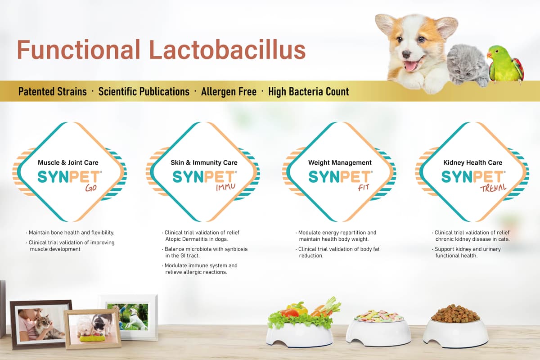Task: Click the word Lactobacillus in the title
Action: (x=227, y=49)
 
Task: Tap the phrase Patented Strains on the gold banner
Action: (x=53, y=92)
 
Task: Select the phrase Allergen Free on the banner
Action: (x=229, y=92)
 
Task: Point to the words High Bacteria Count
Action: (x=309, y=92)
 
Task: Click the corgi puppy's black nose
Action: (x=406, y=55)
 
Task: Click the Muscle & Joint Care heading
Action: (x=68, y=162)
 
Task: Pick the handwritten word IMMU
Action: (x=225, y=187)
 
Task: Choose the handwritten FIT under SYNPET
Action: (x=363, y=187)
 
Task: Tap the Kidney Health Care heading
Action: (x=473, y=162)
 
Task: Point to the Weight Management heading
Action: (x=340, y=162)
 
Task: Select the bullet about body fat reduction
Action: (x=337, y=252)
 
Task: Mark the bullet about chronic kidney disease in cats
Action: (x=471, y=236)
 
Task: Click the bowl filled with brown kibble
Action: (x=455, y=325)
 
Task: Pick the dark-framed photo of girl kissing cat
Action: (x=40, y=324)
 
